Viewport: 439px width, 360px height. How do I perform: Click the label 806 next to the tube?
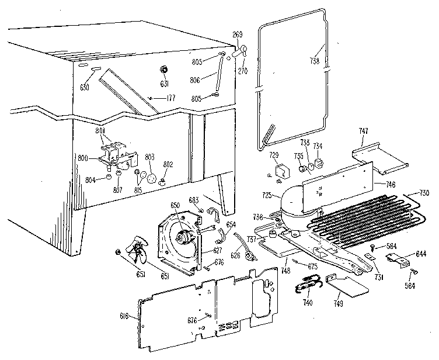pos(194,79)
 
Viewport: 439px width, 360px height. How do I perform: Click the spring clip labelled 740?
pos(308,285)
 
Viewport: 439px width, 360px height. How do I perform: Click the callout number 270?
pos(243,69)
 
